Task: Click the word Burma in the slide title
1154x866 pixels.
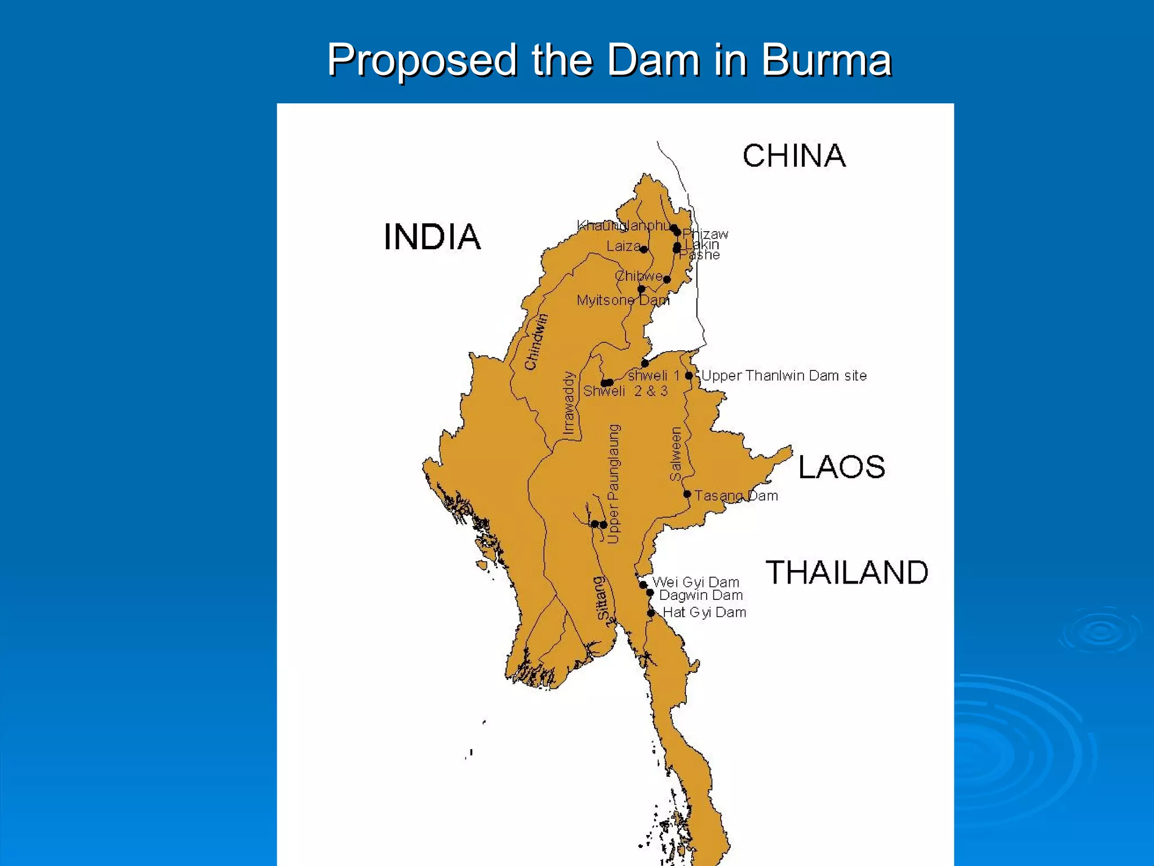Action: click(x=826, y=60)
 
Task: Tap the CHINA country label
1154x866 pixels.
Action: click(x=794, y=156)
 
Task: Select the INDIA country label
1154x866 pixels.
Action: click(x=432, y=237)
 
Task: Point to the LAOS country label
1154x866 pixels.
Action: click(x=841, y=467)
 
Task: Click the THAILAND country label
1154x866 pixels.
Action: click(x=846, y=573)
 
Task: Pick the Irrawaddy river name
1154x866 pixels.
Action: click(x=569, y=404)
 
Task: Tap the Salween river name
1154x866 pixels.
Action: click(x=676, y=454)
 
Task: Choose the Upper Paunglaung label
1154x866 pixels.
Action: click(x=614, y=484)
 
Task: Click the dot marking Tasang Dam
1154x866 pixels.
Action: click(x=687, y=494)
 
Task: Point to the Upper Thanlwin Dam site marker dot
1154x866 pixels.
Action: click(x=689, y=375)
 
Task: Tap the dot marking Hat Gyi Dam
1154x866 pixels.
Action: click(x=651, y=613)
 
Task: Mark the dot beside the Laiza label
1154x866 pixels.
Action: click(x=643, y=249)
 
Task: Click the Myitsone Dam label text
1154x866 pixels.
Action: click(x=623, y=301)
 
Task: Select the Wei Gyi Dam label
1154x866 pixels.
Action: click(x=695, y=582)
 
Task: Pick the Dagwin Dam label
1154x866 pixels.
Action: click(x=700, y=595)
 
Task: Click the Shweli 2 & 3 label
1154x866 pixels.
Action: click(x=625, y=391)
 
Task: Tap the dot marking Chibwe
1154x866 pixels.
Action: click(x=667, y=279)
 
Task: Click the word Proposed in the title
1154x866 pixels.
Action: click(x=422, y=60)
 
